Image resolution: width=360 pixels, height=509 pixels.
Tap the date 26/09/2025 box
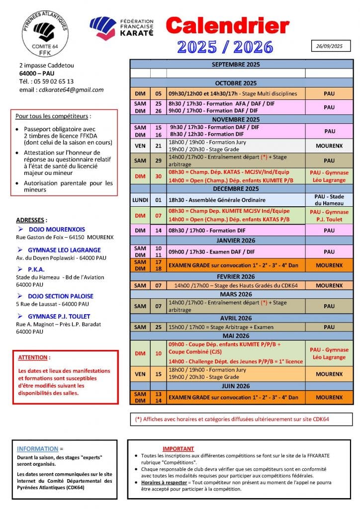click(x=330, y=46)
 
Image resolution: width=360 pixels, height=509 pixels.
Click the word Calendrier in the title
click(x=227, y=26)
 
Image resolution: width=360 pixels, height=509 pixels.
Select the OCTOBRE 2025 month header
click(x=236, y=83)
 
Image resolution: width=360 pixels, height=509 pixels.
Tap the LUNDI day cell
click(x=140, y=200)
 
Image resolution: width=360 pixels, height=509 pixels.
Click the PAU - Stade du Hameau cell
click(x=329, y=200)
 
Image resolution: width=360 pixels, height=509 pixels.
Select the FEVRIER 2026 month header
click(x=236, y=277)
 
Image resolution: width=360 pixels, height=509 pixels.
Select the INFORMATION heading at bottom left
click(x=37, y=449)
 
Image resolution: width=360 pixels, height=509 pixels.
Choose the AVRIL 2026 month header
click(x=236, y=318)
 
